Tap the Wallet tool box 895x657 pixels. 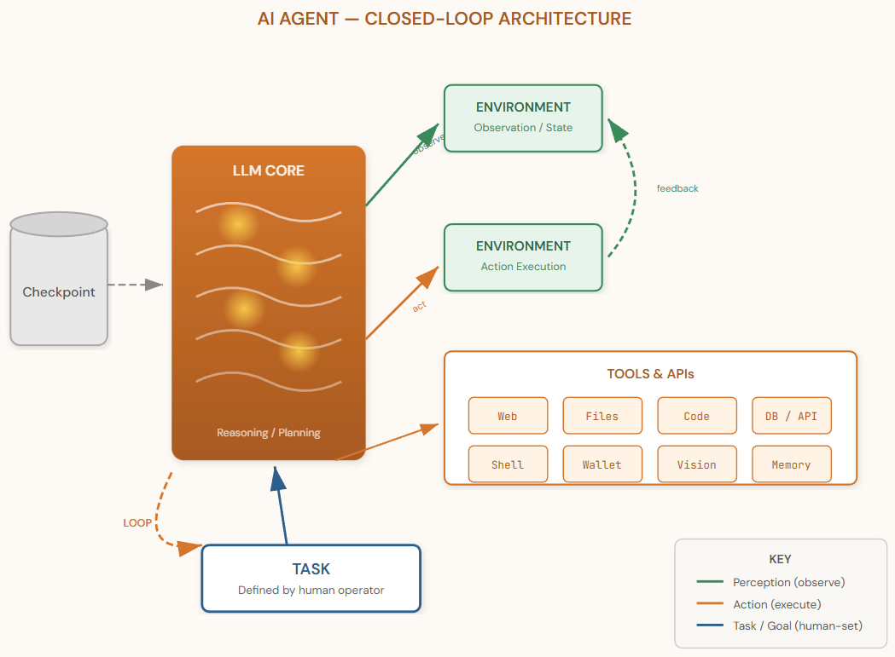[602, 464]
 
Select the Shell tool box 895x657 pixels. [508, 464]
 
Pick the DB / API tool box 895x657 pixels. [791, 416]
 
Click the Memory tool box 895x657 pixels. [791, 464]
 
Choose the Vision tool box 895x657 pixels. [696, 464]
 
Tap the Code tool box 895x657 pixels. [696, 416]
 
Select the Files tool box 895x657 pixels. [602, 416]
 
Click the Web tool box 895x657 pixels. [508, 416]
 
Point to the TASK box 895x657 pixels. [311, 578]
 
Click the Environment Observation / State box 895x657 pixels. [523, 118]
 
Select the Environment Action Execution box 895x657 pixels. [523, 256]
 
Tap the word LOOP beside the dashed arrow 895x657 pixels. [137, 523]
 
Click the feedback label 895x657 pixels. [677, 188]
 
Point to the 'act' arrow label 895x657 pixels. [419, 307]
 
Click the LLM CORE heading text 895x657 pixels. [268, 170]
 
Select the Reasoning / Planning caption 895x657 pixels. [268, 433]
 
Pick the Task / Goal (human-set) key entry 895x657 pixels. [797, 626]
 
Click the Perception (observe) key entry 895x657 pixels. [788, 582]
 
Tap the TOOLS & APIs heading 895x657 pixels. [650, 374]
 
